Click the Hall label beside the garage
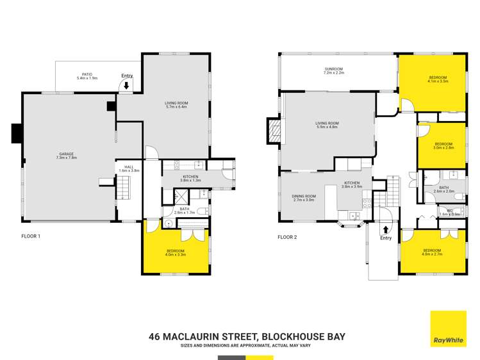128,168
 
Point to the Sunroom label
334,70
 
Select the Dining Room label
304,197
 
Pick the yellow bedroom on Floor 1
176,252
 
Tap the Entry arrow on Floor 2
386,229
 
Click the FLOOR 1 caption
31,236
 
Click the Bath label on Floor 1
185,209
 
